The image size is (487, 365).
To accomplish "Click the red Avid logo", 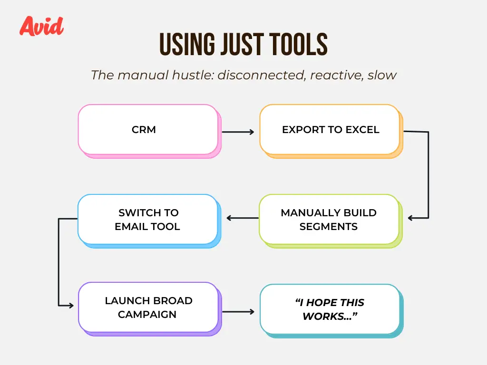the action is coord(42,26).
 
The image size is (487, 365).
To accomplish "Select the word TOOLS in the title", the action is coord(298,44).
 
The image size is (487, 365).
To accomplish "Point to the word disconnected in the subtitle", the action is coord(262,75).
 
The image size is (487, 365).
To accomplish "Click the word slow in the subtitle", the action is coord(382,75).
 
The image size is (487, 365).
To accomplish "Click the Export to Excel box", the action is coord(331,131).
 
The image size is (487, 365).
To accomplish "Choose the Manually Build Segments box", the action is coord(331,221).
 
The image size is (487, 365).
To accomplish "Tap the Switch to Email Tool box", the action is coord(149,221).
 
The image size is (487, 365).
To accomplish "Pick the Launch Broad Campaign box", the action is coord(150,309).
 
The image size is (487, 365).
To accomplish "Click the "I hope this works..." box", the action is coord(331,311).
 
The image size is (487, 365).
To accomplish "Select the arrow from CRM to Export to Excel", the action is coord(238,132).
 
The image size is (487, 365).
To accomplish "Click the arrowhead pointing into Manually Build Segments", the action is coord(410,218).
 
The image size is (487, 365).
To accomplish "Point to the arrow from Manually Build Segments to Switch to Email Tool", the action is coord(243,218).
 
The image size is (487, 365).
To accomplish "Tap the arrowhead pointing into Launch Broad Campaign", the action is coord(71,306).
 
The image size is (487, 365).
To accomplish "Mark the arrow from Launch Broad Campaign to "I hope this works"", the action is coord(238,312).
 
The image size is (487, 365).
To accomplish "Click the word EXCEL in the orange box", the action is coord(362,129).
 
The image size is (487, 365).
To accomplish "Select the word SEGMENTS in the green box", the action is coord(329,227).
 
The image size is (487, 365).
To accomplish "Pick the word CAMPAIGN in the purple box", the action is coord(147,315).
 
